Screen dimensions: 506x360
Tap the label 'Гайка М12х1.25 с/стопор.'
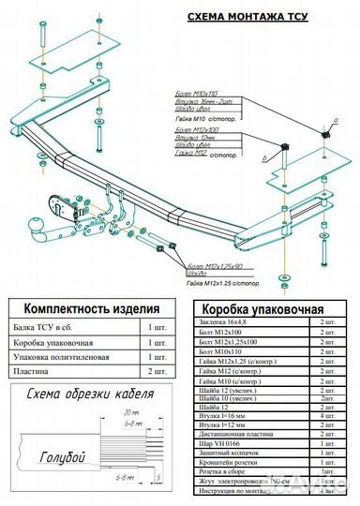click(x=224, y=282)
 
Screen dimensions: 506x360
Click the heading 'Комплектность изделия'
click(x=91, y=308)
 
